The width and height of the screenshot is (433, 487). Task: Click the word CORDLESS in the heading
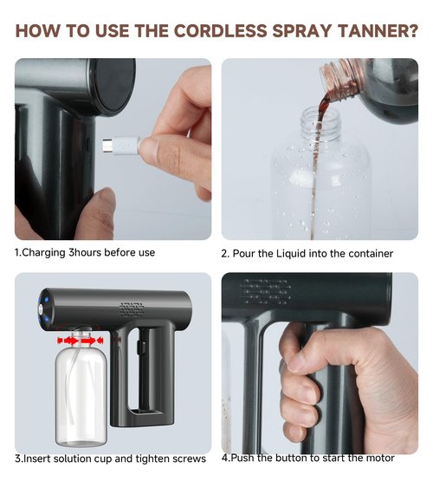[221, 30]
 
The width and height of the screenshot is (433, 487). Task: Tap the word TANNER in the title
[370, 30]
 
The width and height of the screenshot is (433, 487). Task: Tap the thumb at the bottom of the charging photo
[100, 213]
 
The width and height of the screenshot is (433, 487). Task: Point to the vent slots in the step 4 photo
[265, 291]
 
